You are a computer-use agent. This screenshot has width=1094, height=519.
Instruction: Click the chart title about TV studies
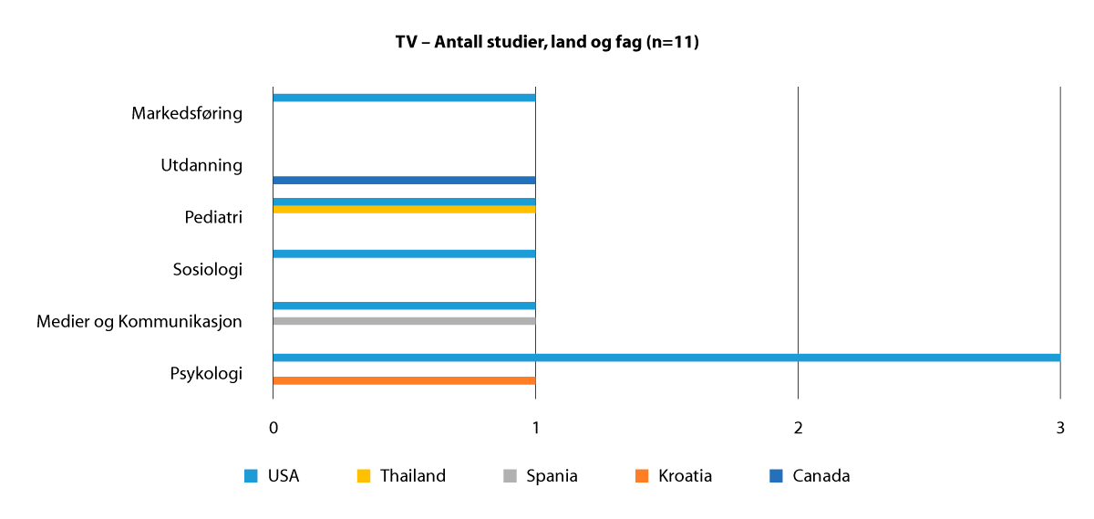[x=547, y=42]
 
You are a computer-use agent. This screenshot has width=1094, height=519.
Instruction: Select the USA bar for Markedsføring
[x=404, y=98]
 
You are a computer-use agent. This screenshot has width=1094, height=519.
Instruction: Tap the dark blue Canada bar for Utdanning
[x=404, y=181]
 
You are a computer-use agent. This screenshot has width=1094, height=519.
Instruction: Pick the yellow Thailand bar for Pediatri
[x=404, y=210]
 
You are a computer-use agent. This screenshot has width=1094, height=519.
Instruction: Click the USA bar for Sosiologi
[x=404, y=254]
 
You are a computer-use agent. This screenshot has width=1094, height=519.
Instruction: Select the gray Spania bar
[x=404, y=321]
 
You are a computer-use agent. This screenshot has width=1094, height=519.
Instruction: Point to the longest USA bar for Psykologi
[x=666, y=358]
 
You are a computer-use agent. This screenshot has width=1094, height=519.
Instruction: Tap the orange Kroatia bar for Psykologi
[x=404, y=380]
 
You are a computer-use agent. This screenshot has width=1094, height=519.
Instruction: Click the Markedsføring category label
[x=187, y=114]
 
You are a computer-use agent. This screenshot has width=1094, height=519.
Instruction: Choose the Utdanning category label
[x=201, y=166]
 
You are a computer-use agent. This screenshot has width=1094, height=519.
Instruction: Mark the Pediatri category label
[x=213, y=218]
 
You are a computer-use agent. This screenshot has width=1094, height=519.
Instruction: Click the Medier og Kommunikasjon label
[x=139, y=322]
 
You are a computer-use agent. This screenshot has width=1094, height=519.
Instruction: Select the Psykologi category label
[x=206, y=374]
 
